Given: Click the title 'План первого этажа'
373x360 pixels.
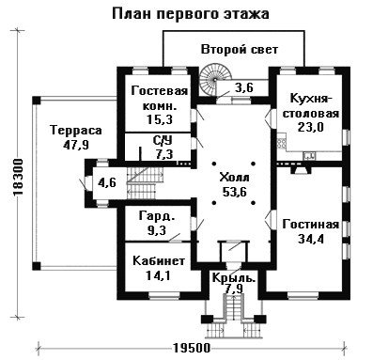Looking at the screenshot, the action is (191, 14).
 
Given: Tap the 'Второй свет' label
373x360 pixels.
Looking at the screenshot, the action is (240, 50).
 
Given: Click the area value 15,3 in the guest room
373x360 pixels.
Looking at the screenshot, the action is (160, 119).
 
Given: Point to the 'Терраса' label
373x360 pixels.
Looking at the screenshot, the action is (76, 130).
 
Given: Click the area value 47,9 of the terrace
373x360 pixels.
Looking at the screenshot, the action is (76, 145).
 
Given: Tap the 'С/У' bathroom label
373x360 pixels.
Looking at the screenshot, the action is (163, 141).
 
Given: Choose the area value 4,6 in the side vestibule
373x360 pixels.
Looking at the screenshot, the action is (107, 182).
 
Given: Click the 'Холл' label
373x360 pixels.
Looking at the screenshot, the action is (235, 178).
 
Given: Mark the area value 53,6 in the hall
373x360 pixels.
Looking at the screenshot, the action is (235, 192).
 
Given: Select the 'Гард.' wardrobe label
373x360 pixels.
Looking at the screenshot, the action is (156, 216).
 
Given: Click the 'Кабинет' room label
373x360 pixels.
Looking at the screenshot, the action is (159, 260).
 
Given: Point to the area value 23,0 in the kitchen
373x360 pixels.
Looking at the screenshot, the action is (311, 128).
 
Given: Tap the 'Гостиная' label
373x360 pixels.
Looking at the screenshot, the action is (311, 225).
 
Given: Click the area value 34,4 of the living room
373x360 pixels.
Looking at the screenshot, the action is (311, 239).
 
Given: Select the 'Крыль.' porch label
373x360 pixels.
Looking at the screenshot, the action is (234, 277).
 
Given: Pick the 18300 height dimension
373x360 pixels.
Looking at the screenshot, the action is (18, 178).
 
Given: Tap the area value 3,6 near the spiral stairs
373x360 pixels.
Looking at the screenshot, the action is (244, 87).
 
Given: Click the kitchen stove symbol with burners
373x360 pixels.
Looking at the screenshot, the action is (281, 143).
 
